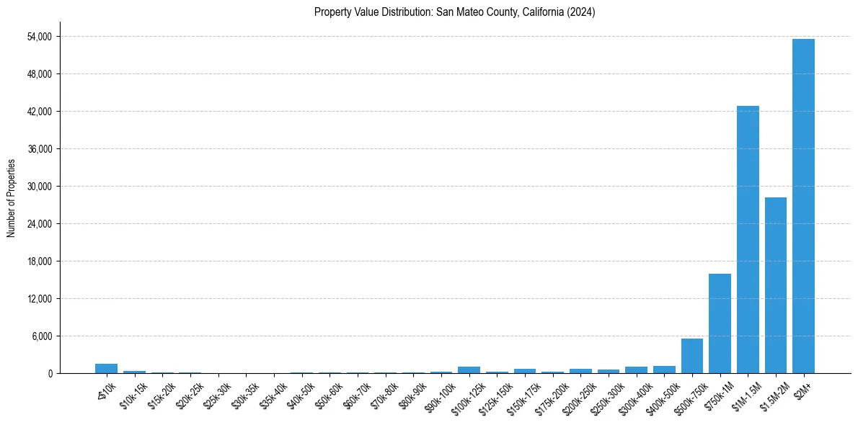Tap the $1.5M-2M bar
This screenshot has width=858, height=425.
776,285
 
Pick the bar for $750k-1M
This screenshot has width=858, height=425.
720,323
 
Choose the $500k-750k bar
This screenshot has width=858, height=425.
692,356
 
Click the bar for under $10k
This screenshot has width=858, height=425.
106,369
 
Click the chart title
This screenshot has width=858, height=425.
454,12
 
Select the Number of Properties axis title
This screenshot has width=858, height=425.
11,197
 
